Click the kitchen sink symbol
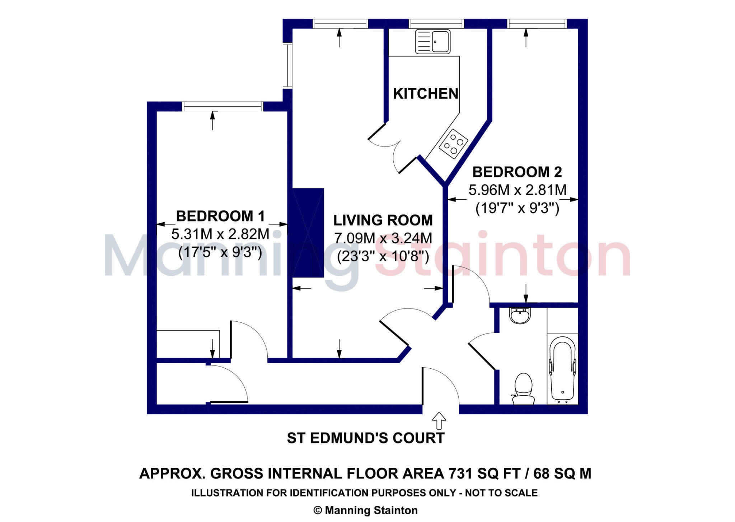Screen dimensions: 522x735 pyautogui.click(x=432, y=42)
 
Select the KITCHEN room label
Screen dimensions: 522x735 pyautogui.click(x=425, y=94)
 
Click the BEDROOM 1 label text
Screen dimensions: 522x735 pyautogui.click(x=220, y=216)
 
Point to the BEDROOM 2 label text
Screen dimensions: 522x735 pyautogui.click(x=517, y=172)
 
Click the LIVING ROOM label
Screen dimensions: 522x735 pyautogui.click(x=383, y=220)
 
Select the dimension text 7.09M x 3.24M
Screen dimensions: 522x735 pyautogui.click(x=383, y=238)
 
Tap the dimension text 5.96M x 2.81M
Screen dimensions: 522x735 pyautogui.click(x=517, y=190)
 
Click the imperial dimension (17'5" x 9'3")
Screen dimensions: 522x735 pyautogui.click(x=220, y=252)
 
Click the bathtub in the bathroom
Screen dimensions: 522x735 pyautogui.click(x=562, y=369)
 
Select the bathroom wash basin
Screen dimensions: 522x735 pyautogui.click(x=519, y=316)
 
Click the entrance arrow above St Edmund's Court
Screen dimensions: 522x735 pyautogui.click(x=439, y=420)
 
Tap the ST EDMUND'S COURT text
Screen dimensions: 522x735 pyautogui.click(x=365, y=438)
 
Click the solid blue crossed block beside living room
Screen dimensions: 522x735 pyautogui.click(x=308, y=233)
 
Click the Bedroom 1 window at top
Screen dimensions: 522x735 pyautogui.click(x=223, y=106)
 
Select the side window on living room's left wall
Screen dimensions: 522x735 pyautogui.click(x=287, y=65)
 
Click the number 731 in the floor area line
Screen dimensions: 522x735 pyautogui.click(x=460, y=474)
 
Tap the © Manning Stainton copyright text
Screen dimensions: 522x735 pyautogui.click(x=365, y=510)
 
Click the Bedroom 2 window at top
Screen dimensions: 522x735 pyautogui.click(x=537, y=24)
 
